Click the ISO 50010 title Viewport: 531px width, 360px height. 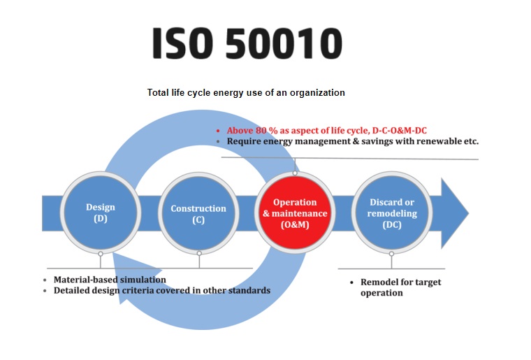click(x=247, y=43)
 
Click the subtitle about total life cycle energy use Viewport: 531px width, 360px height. click(x=246, y=92)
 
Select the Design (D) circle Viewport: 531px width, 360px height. click(x=101, y=213)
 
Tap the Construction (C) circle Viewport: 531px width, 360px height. click(x=198, y=213)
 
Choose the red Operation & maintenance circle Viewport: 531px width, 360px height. click(x=295, y=213)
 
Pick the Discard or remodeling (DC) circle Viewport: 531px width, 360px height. click(x=392, y=213)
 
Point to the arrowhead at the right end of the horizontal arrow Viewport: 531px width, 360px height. click(x=455, y=213)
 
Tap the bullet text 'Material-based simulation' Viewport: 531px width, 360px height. click(x=110, y=280)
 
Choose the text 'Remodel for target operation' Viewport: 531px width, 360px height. click(x=400, y=287)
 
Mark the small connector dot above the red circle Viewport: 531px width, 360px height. click(x=295, y=173)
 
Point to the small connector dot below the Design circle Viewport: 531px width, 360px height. click(x=101, y=254)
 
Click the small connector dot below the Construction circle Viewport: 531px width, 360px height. click(x=199, y=253)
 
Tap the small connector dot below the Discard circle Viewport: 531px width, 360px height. click(x=391, y=254)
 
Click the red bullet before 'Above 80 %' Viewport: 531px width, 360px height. click(x=218, y=131)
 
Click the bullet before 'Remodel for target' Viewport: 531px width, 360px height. click(x=352, y=282)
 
